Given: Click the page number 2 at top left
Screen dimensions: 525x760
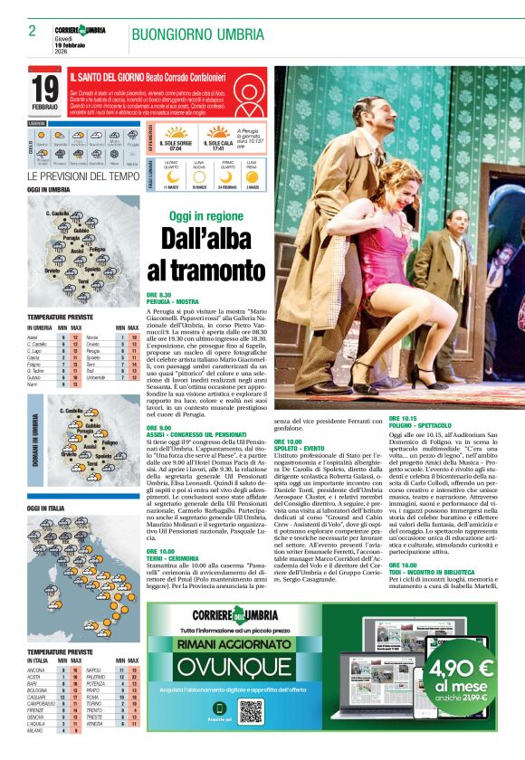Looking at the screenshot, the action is coord(32,30).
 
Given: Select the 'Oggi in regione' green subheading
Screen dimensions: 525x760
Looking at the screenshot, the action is coord(206,216).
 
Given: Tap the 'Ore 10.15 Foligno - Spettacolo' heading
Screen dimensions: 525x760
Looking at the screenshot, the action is coord(423,422).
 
